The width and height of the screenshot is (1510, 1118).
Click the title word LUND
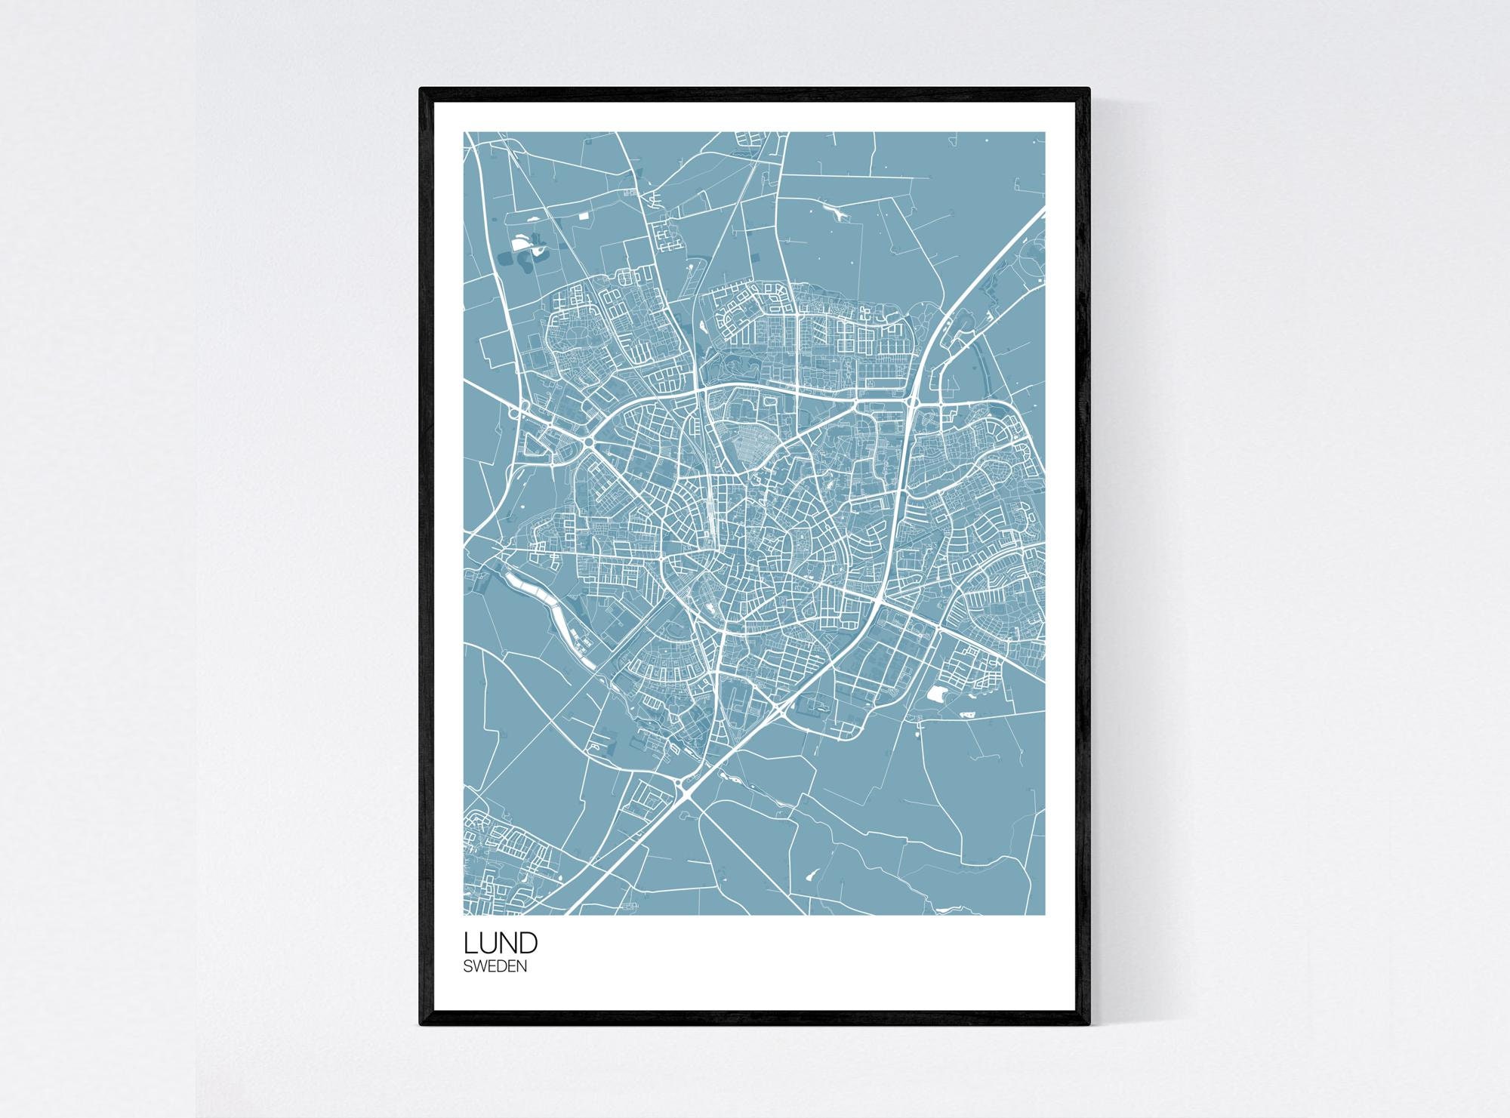[x=501, y=943]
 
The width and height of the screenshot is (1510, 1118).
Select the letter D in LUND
[x=528, y=943]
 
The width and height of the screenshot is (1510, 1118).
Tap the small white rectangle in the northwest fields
[x=583, y=215]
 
